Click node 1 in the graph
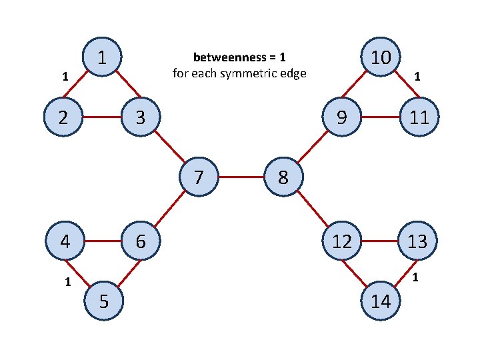(101, 58)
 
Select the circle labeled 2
(63, 117)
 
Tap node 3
(139, 117)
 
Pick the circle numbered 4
(65, 241)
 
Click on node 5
(103, 301)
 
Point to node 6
(140, 241)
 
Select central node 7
(199, 178)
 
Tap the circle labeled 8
(283, 178)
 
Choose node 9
(341, 117)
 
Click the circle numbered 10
(380, 58)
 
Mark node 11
(418, 117)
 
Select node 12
(341, 241)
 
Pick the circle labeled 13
(417, 241)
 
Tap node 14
(380, 301)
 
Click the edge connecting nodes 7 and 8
(241, 178)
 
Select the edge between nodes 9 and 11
(379, 117)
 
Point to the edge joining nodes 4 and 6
(102, 241)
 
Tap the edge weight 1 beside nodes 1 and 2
(64, 77)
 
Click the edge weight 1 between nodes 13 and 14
(415, 277)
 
